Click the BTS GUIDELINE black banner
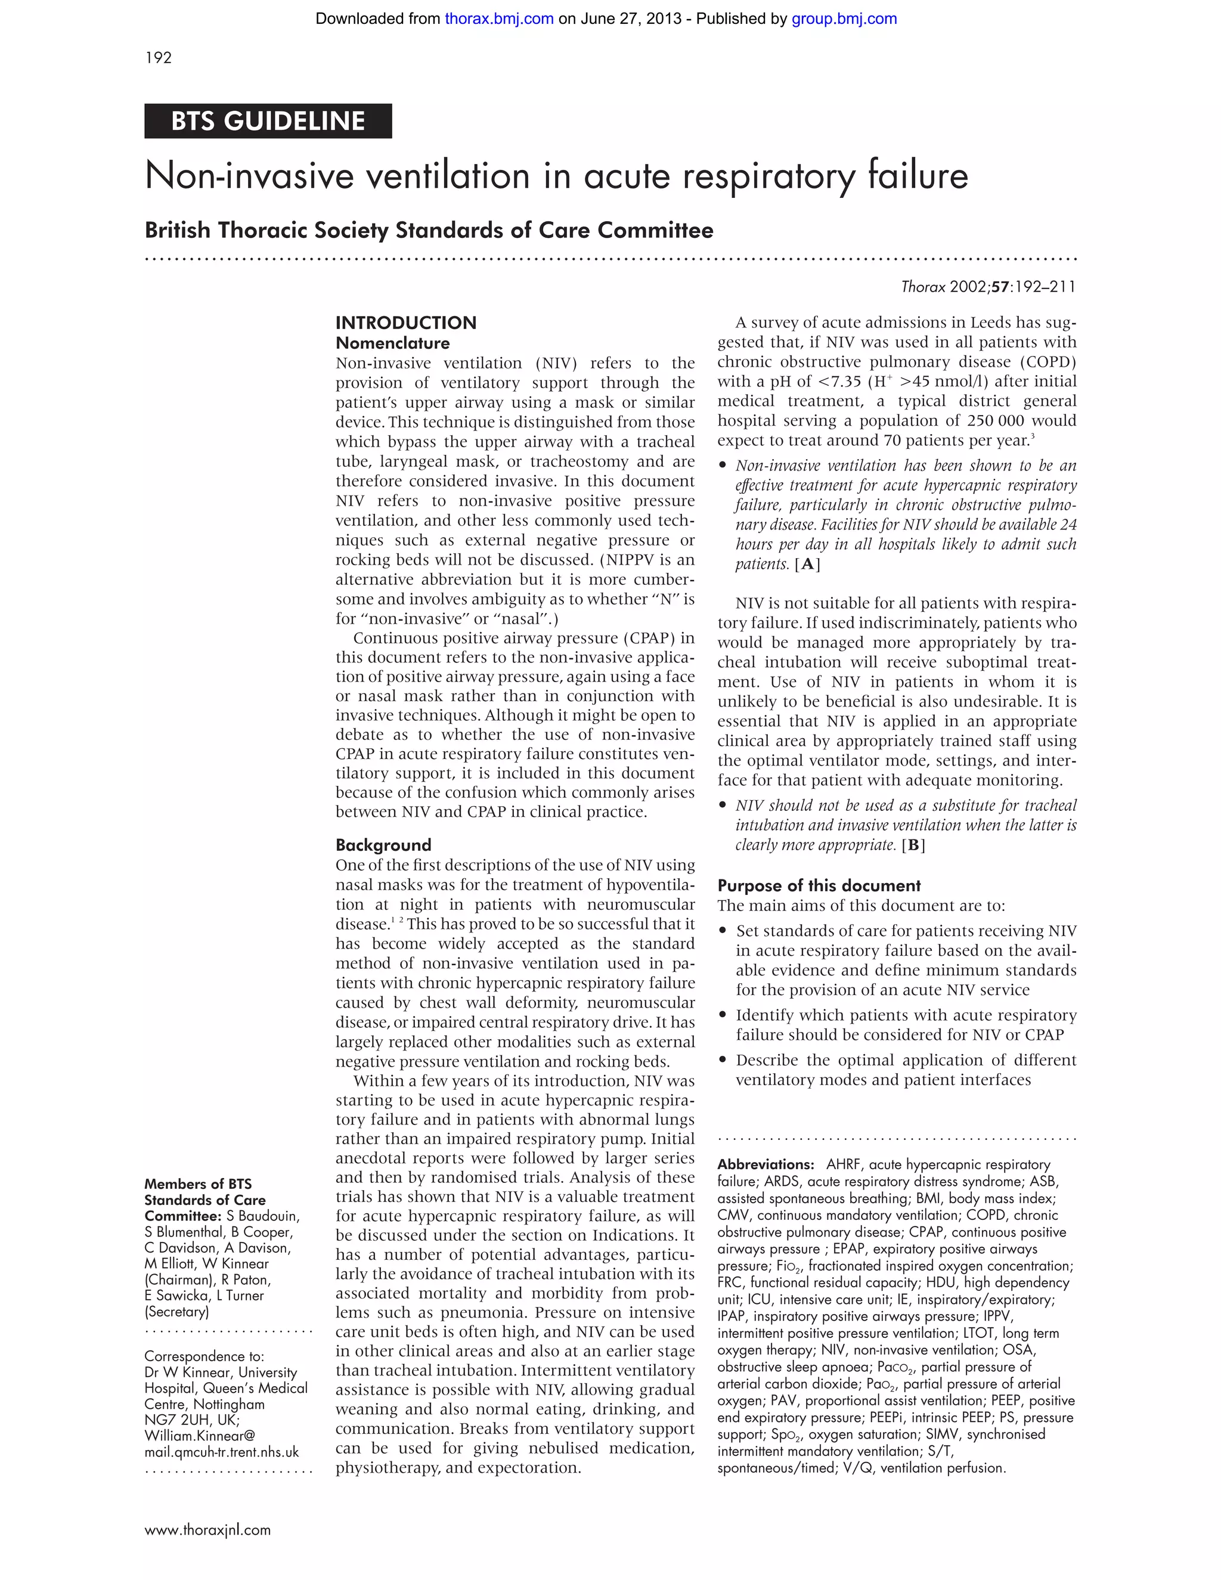coord(268,121)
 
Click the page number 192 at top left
coord(159,58)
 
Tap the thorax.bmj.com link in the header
coord(499,19)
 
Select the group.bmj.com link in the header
coord(844,19)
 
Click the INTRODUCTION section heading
coord(406,323)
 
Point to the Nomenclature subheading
coord(392,343)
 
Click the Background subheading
coord(383,845)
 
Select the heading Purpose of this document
coord(819,885)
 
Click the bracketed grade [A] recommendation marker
coord(807,564)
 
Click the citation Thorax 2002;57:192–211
coord(988,287)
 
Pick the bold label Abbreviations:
coord(766,1164)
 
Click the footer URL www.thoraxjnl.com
coord(207,1529)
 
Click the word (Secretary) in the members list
coord(176,1312)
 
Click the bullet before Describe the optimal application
coord(722,1060)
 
